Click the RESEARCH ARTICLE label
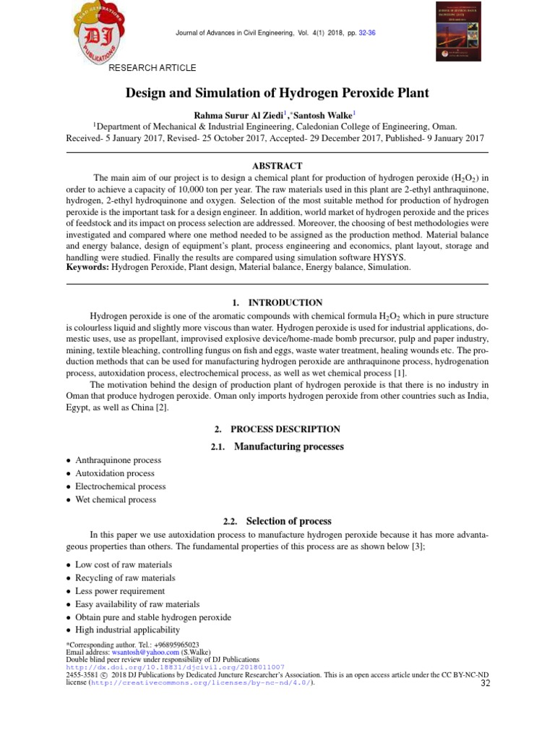[x=152, y=68]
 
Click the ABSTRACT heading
[x=277, y=166]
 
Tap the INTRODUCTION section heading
[x=285, y=302]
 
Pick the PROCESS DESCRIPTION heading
[x=285, y=429]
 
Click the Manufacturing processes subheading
[x=288, y=446]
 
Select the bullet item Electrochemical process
[x=120, y=486]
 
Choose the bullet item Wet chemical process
[x=115, y=499]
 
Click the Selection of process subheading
[x=288, y=521]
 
